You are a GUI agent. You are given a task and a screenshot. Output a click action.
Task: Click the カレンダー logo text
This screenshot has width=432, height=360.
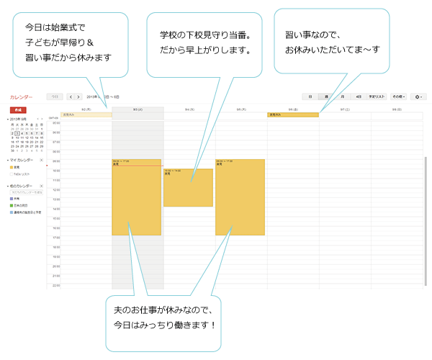click(x=21, y=96)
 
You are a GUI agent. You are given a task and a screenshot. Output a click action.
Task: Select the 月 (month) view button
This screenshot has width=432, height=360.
click(x=342, y=96)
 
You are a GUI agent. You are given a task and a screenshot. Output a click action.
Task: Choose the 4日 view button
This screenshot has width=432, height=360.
click(x=357, y=96)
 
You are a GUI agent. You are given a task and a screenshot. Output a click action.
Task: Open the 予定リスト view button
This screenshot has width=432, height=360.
click(x=377, y=96)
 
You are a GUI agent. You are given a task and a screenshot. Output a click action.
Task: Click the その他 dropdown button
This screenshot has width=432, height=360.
click(x=399, y=96)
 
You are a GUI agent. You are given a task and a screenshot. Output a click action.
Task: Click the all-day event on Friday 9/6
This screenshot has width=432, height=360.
click(x=292, y=114)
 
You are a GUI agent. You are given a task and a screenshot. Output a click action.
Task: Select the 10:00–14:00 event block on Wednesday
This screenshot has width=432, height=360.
click(x=188, y=188)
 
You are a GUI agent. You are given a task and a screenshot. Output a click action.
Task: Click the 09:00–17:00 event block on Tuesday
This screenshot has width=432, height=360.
click(x=136, y=197)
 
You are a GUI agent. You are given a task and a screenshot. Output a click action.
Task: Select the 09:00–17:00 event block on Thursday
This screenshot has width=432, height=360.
click(x=240, y=197)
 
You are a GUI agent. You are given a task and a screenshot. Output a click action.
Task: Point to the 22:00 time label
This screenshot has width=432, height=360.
click(x=56, y=286)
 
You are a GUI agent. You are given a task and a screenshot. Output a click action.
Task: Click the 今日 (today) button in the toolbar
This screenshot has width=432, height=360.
click(x=54, y=96)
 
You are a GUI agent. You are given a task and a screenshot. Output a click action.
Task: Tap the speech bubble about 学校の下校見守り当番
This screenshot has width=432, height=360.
click(x=204, y=42)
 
